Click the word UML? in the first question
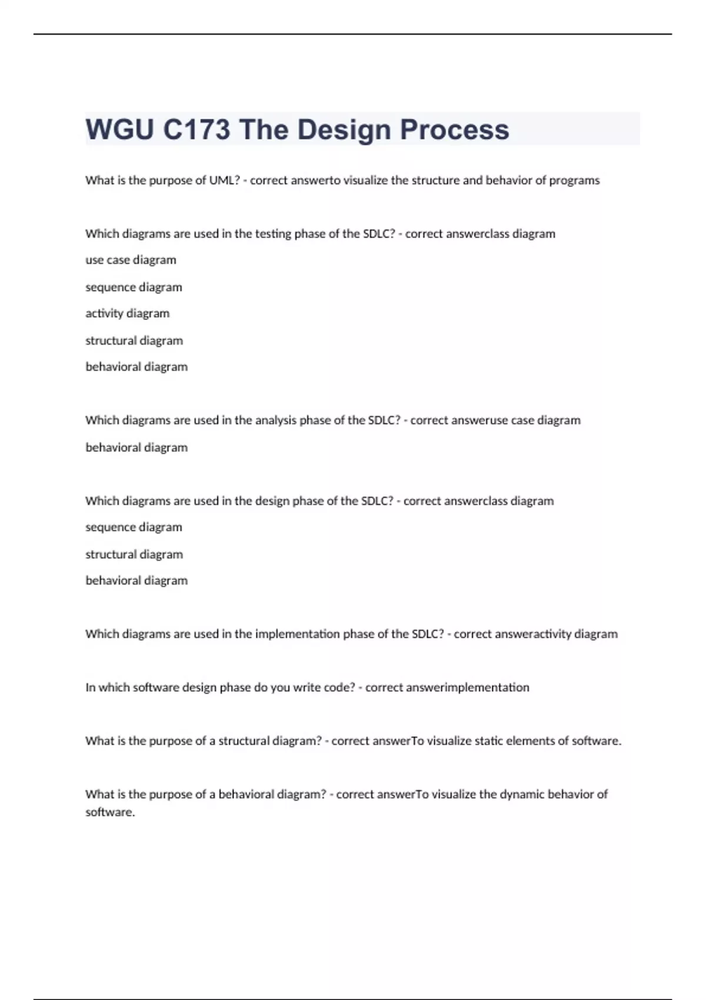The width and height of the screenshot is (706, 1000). tap(225, 181)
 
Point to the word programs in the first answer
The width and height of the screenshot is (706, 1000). tap(574, 181)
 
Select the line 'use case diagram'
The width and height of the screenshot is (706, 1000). tap(131, 260)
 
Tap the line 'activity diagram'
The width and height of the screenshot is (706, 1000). tap(127, 314)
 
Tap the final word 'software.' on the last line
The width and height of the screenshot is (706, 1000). tap(110, 812)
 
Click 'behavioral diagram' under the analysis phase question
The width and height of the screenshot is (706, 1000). tap(136, 448)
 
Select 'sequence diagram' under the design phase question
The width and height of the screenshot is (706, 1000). tap(134, 528)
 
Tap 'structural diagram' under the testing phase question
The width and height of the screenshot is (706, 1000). tap(134, 341)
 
